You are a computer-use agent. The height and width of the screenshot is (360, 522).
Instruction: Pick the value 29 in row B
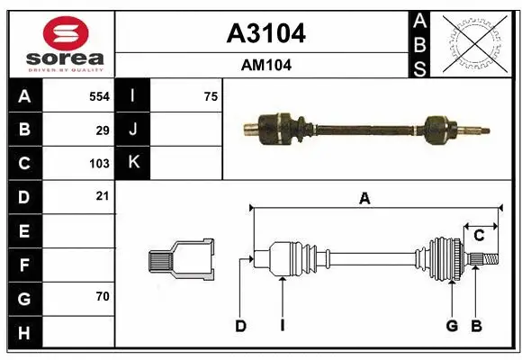(x=103, y=130)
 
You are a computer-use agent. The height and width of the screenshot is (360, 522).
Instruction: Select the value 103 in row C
(x=99, y=164)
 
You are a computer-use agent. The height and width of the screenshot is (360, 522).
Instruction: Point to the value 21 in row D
(x=103, y=196)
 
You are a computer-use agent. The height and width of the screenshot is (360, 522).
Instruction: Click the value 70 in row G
(x=103, y=295)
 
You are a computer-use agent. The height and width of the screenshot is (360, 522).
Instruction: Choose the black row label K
(x=133, y=163)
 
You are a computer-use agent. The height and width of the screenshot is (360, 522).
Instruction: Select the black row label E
(x=23, y=231)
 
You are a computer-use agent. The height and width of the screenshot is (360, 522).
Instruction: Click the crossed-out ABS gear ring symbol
(x=475, y=43)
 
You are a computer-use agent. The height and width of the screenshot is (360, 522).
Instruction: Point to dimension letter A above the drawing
(x=364, y=200)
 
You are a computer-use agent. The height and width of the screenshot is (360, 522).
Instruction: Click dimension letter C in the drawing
(x=480, y=236)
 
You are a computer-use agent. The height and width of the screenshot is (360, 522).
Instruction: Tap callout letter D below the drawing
(x=240, y=326)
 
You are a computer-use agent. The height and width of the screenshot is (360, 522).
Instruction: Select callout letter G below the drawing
(x=452, y=326)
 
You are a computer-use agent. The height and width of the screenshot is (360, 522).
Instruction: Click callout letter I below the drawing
(x=282, y=326)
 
